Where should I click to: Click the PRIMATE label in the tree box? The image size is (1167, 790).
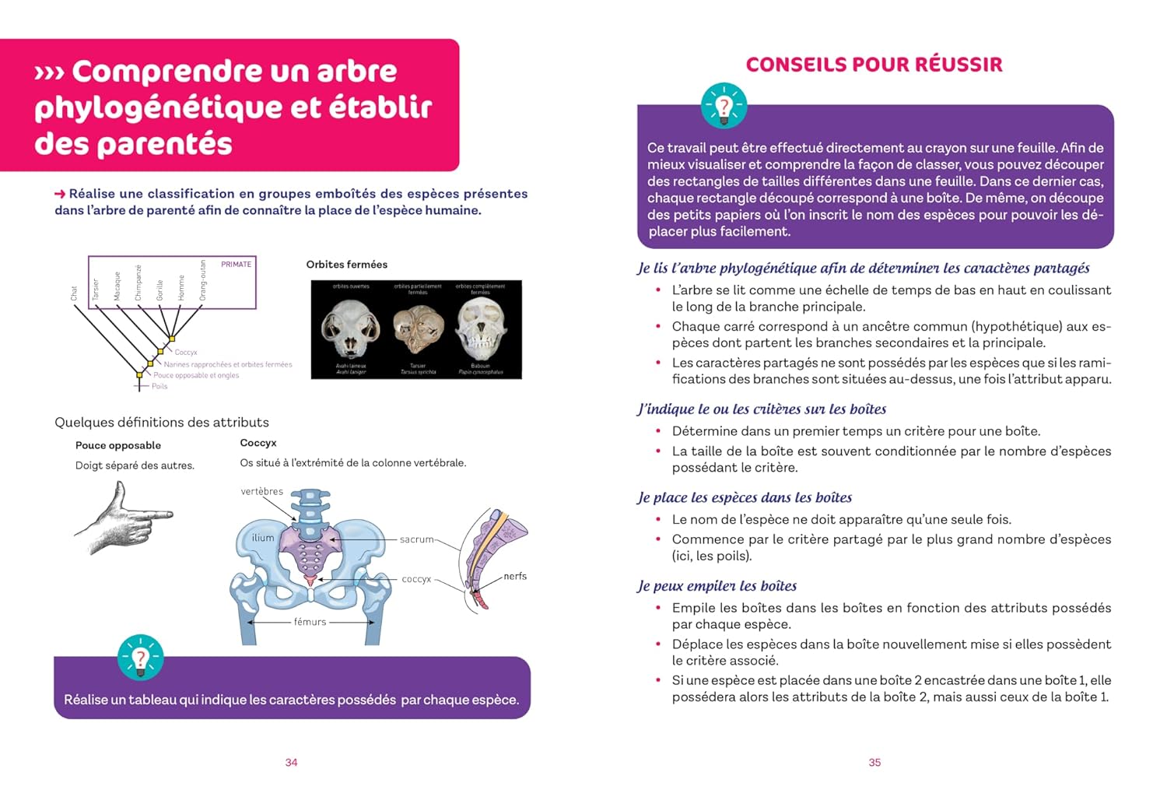coord(236,265)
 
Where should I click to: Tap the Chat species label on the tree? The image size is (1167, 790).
coord(74,293)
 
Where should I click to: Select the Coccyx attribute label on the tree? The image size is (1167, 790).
coord(186,353)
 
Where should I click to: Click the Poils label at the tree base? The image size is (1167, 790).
coord(159,386)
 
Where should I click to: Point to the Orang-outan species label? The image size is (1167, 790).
coord(203,281)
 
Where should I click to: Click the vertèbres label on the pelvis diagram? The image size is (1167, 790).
coord(262,491)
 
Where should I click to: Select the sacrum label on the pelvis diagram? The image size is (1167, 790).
coord(416,539)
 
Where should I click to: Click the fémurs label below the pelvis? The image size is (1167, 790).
coord(310,622)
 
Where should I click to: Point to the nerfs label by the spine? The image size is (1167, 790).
coord(515,576)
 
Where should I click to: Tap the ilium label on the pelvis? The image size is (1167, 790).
coord(263,538)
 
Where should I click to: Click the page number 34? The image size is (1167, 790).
coord(291,763)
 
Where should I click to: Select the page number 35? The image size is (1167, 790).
coord(874,763)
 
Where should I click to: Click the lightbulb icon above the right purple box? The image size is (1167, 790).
coord(724,106)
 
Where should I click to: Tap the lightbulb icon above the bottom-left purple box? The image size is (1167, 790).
coord(141,658)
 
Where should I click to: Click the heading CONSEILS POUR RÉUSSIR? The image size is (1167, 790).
coord(874,65)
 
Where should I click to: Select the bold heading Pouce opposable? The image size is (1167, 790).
coord(118,445)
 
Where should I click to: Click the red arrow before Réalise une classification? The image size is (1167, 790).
coord(60,194)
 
